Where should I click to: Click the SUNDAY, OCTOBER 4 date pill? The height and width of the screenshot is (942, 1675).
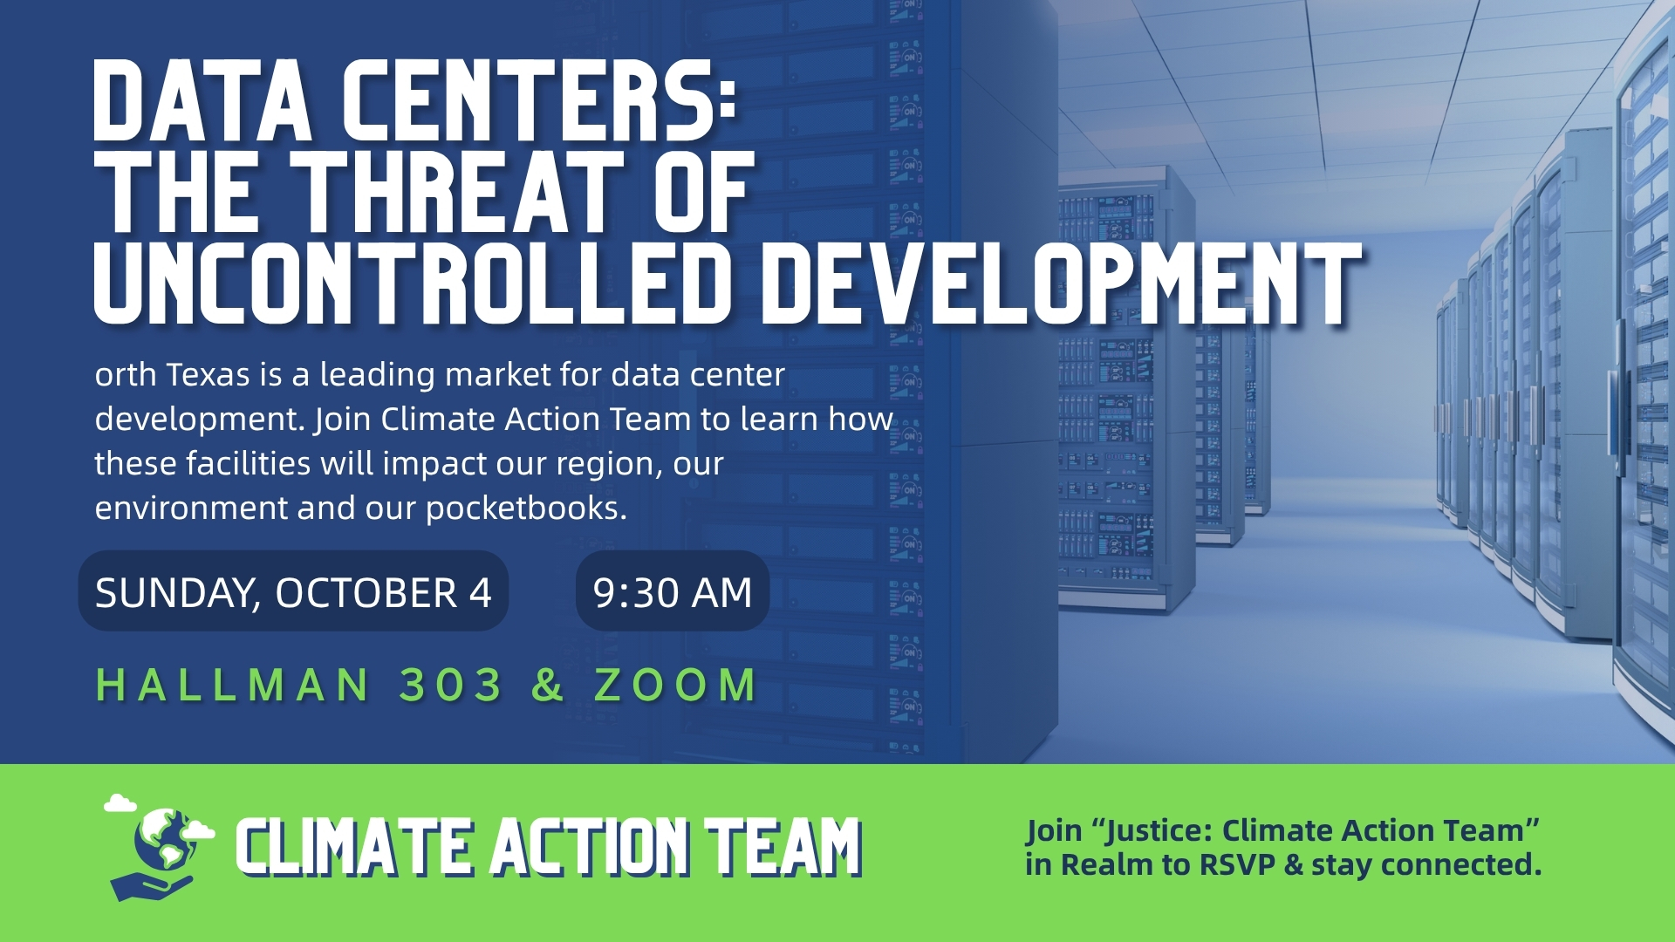[x=293, y=591]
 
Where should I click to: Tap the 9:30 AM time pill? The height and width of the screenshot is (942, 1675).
[x=673, y=591]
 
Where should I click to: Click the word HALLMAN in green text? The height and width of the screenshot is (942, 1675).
[x=233, y=685]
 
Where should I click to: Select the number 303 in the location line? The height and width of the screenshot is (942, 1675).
[x=451, y=685]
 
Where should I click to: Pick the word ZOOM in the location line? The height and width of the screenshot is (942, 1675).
[x=675, y=685]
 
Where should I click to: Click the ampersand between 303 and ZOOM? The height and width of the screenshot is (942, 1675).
[x=548, y=685]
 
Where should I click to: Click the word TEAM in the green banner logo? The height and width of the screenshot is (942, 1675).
[x=783, y=847]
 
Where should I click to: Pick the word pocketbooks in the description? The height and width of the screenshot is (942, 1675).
[x=526, y=509]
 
